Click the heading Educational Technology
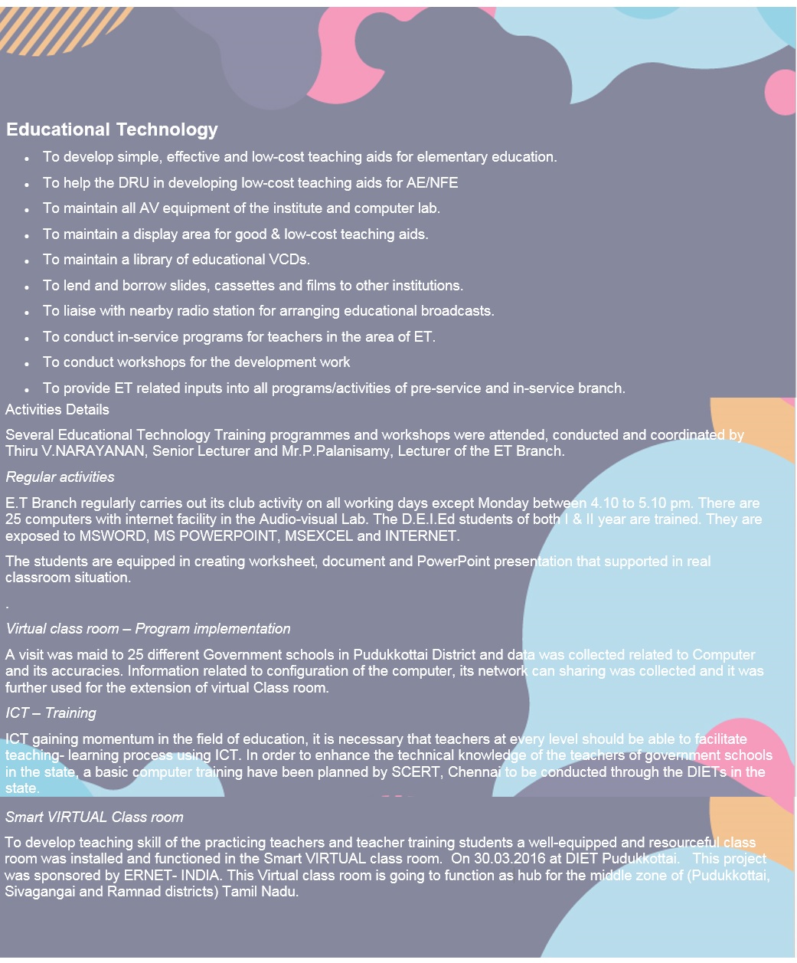click(x=112, y=129)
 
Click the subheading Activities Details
click(x=57, y=410)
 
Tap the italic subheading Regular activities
click(x=60, y=477)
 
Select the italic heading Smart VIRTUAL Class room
click(x=94, y=817)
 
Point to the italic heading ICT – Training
click(x=51, y=713)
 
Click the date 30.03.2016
click(x=509, y=859)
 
